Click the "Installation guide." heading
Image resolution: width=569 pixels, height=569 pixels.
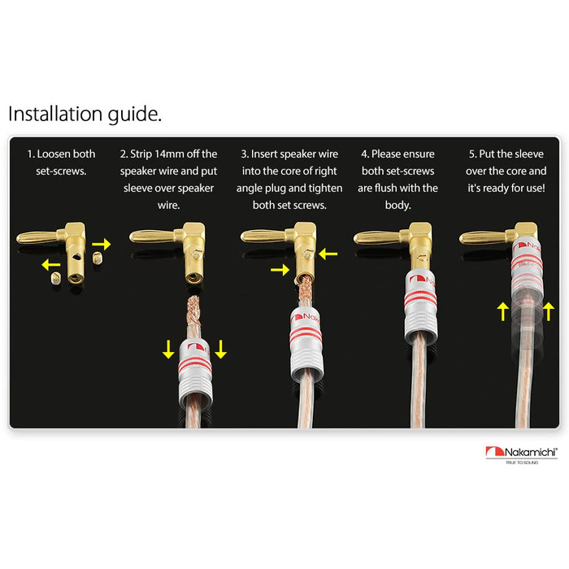(85, 115)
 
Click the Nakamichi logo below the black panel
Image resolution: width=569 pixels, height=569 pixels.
(521, 454)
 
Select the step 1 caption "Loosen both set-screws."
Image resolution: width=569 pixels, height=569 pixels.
(61, 163)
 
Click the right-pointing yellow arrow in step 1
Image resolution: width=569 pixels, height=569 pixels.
(102, 244)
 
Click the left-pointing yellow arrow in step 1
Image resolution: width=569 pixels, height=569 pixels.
(50, 265)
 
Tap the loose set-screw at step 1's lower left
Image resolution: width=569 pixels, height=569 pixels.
(55, 279)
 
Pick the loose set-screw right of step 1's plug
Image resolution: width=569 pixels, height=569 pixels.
(97, 258)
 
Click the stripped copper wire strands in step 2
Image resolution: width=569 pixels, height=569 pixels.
(193, 311)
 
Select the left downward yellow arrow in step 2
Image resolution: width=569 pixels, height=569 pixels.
(168, 350)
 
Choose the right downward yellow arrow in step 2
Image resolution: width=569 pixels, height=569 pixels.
(220, 350)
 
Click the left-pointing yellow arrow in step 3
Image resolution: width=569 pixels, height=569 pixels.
(328, 254)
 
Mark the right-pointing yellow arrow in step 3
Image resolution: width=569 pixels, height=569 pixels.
(280, 270)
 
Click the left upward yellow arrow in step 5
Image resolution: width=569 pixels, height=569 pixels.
(502, 312)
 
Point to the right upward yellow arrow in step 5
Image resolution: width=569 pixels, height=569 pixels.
(549, 312)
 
